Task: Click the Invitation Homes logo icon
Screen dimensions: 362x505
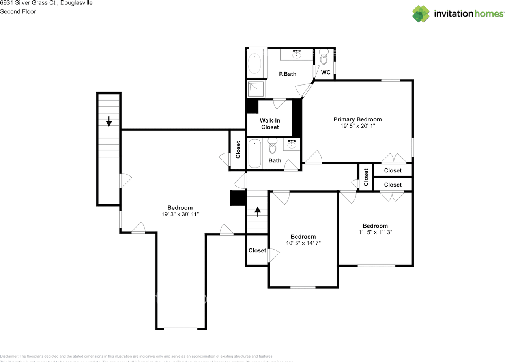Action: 421,14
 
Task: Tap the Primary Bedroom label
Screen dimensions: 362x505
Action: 357,119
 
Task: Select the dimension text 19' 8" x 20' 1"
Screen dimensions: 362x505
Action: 357,126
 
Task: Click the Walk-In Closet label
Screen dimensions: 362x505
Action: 269,124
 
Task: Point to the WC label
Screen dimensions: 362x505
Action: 325,72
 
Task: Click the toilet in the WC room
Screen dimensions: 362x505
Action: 324,57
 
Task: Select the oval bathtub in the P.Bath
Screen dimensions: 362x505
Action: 254,63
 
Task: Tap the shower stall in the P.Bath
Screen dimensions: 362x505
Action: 255,89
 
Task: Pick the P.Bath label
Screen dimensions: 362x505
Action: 287,74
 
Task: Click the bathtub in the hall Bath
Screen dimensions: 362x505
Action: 254,153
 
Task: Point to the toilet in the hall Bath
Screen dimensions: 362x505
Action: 272,146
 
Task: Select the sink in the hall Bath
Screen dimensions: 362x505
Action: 292,144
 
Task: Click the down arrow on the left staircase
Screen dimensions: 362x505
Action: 109,121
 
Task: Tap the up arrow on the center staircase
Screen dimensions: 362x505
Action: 258,212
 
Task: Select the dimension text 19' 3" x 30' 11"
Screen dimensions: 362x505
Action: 180,214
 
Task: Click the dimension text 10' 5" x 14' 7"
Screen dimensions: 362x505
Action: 303,243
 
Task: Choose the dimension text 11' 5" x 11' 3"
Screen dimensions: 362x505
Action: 375,232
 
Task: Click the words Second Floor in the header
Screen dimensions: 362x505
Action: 18,11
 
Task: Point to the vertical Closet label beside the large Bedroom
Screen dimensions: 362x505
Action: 238,150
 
